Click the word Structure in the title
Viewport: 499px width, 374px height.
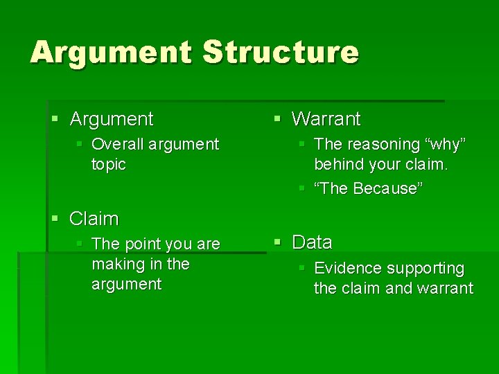pyautogui.click(x=281, y=52)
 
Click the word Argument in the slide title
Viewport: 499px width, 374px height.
pyautogui.click(x=111, y=52)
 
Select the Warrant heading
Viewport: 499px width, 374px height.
pyautogui.click(x=326, y=119)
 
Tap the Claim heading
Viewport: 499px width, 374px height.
pyautogui.click(x=94, y=219)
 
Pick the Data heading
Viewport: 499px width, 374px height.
pyautogui.click(x=312, y=242)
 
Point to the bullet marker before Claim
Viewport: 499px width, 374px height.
pyautogui.click(x=55, y=220)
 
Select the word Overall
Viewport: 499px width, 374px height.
pyautogui.click(x=117, y=144)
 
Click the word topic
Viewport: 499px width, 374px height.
pyautogui.click(x=109, y=164)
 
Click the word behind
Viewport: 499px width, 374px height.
pyautogui.click(x=338, y=164)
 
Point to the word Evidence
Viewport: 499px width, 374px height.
pyautogui.click(x=347, y=268)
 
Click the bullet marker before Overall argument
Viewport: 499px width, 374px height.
pyautogui.click(x=80, y=144)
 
